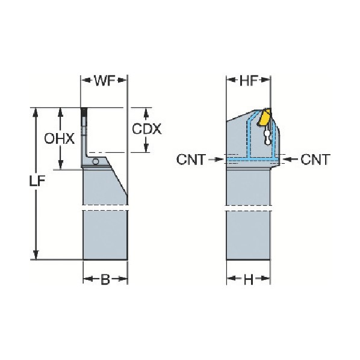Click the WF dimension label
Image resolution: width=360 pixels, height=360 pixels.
(x=105, y=80)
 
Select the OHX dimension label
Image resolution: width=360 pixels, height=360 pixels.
(x=60, y=139)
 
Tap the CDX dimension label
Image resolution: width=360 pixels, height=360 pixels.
(x=147, y=129)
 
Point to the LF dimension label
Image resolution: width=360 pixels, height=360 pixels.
(x=37, y=181)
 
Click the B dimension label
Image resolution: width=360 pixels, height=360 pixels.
(x=105, y=279)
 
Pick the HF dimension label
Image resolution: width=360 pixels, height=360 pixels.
(x=248, y=80)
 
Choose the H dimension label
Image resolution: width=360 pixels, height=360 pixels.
(x=248, y=279)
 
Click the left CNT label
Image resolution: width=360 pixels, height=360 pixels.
(x=191, y=160)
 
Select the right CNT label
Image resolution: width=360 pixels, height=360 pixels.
(x=315, y=160)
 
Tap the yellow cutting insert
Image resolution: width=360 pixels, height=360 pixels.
(x=264, y=117)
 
